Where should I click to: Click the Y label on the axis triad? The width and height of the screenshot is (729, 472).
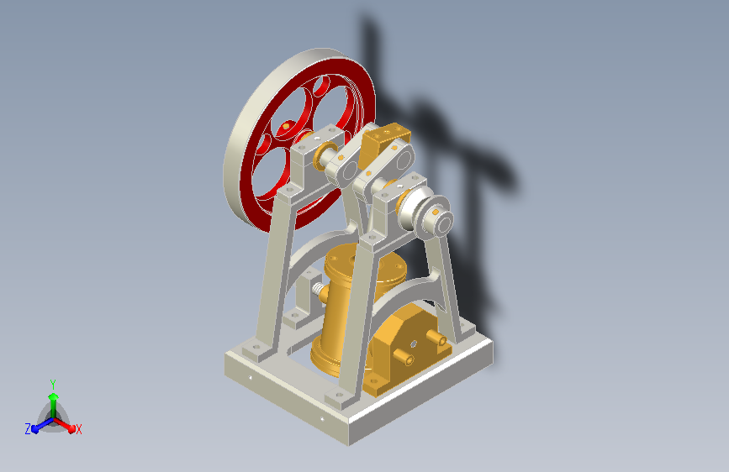click(53, 384)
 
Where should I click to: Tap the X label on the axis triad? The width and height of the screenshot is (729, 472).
click(78, 429)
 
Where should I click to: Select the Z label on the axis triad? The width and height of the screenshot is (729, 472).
click(28, 429)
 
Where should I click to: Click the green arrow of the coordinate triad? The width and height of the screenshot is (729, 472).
click(54, 404)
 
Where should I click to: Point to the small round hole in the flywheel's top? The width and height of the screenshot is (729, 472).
click(321, 86)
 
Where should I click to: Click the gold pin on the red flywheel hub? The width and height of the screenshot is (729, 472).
click(286, 125)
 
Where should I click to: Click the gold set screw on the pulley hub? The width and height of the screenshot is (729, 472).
click(436, 212)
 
